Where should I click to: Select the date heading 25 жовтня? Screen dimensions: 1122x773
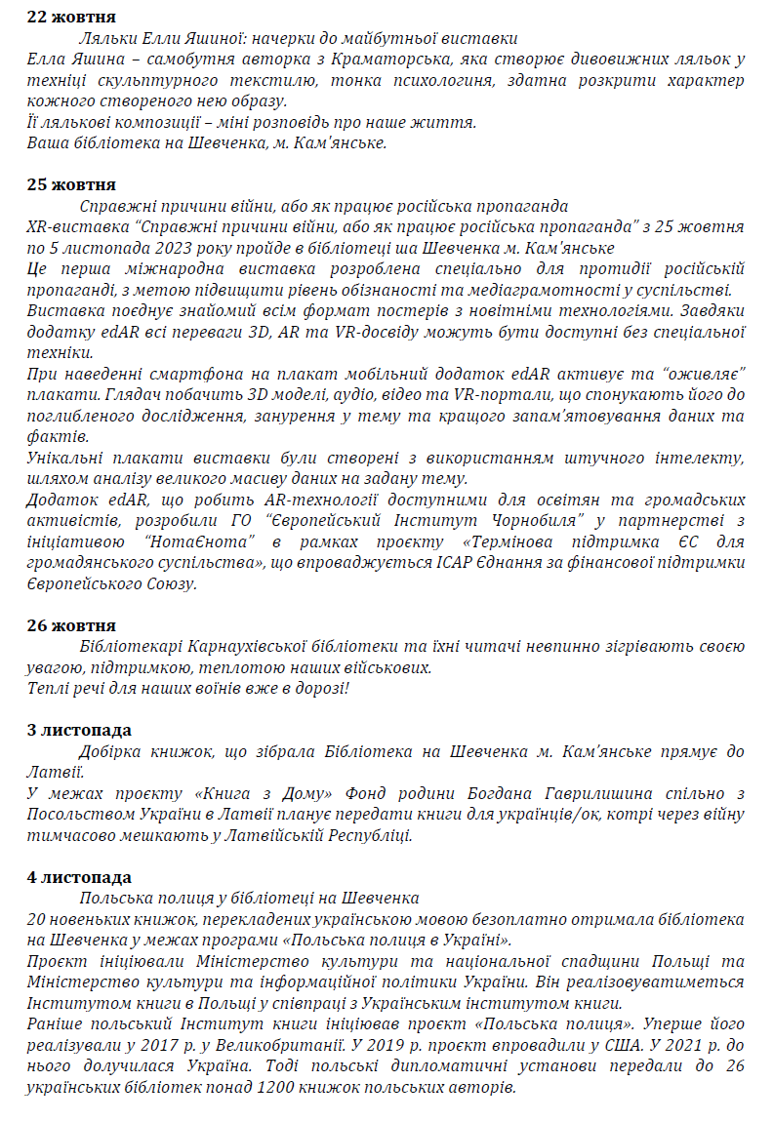point(71,185)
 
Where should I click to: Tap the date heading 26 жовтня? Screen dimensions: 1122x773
point(71,625)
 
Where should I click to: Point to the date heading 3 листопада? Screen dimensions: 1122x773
point(79,731)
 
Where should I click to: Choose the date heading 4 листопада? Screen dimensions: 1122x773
point(79,877)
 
